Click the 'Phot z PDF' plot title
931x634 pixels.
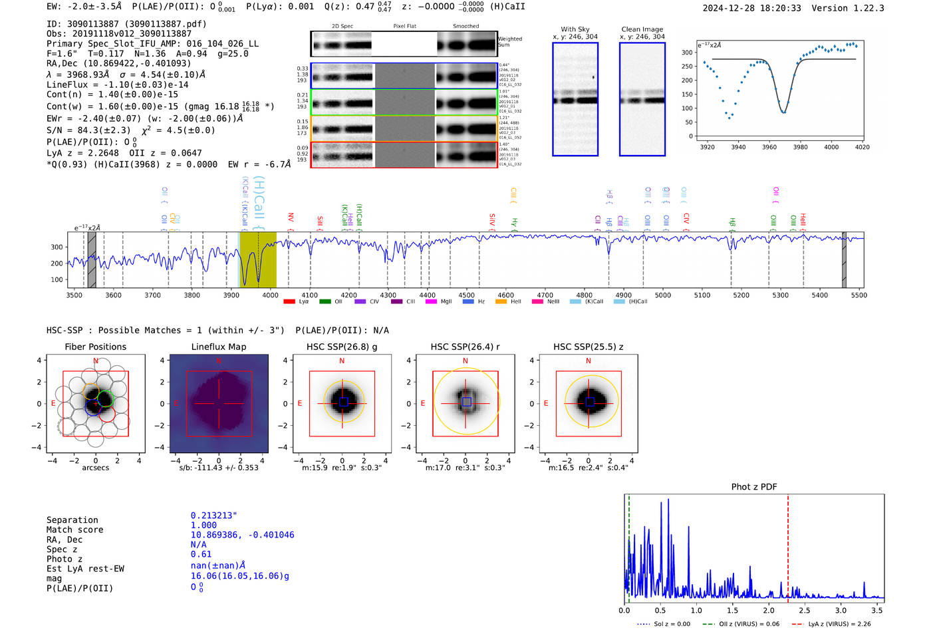tap(754, 487)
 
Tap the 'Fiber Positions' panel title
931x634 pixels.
tap(95, 347)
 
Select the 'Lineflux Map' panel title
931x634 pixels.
tap(219, 347)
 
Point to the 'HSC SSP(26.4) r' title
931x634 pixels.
tap(465, 347)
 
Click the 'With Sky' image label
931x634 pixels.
tap(575, 29)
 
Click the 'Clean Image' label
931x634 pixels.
tap(642, 29)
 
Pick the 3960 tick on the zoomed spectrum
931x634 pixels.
tap(769, 147)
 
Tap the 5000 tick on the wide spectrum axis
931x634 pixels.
tap(663, 295)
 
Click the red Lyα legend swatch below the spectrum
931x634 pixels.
tap(289, 301)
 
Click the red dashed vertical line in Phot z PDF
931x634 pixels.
tap(788, 546)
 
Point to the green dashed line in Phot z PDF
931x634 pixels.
tap(628, 546)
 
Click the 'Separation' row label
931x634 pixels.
tap(72, 520)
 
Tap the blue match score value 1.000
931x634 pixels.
tap(203, 525)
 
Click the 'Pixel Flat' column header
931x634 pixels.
tap(404, 27)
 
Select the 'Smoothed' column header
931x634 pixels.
tap(465, 27)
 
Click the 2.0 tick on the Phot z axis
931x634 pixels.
tap(769, 610)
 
